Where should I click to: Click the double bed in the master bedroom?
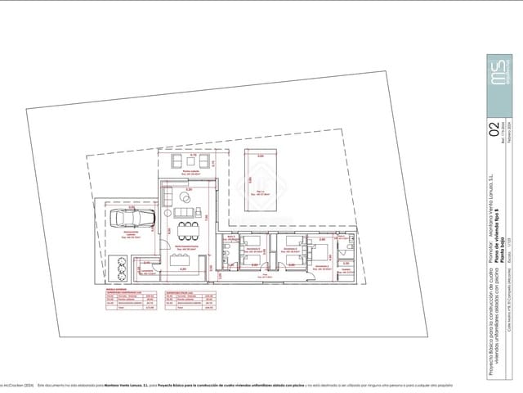tap(322, 249)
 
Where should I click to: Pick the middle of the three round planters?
tap(121, 269)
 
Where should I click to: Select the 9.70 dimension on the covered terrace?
tap(192, 155)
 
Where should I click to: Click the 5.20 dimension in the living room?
tap(188, 190)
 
